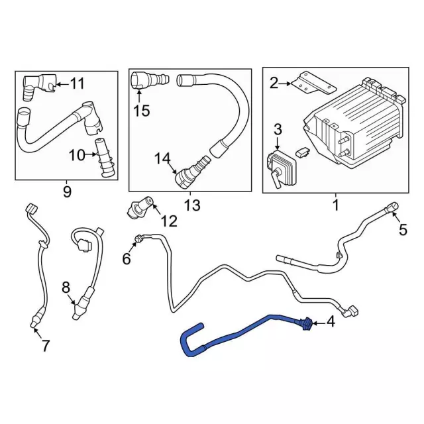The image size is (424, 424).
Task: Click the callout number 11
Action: coord(78,83)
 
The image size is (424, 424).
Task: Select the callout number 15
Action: coord(141,111)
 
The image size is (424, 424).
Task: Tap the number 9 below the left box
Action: coord(67,191)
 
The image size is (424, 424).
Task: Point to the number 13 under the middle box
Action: coord(192,205)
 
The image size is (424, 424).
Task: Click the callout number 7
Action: coord(45,346)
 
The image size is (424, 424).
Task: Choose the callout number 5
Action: coord(403,230)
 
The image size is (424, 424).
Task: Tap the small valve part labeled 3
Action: coord(282,169)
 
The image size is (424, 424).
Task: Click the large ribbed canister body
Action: coord(354,125)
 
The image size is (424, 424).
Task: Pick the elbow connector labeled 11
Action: coord(39,87)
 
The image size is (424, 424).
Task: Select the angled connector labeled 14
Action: coord(192,172)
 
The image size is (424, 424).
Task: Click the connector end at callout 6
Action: coord(139,239)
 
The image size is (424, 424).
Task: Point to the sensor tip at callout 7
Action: coord(33,322)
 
